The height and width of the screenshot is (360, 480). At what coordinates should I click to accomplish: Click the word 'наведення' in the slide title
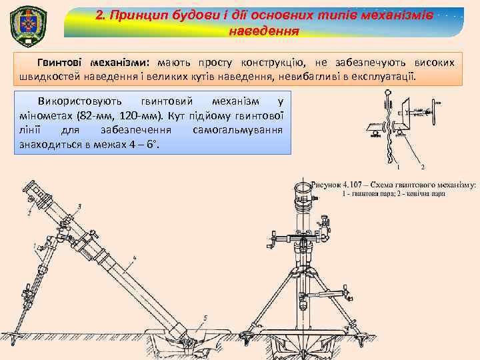(x=263, y=31)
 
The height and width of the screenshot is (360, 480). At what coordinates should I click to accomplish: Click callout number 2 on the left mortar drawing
(x=30, y=212)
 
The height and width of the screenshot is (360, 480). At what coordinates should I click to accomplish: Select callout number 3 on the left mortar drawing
(x=80, y=207)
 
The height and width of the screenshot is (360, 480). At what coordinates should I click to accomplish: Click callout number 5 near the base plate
(x=205, y=318)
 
